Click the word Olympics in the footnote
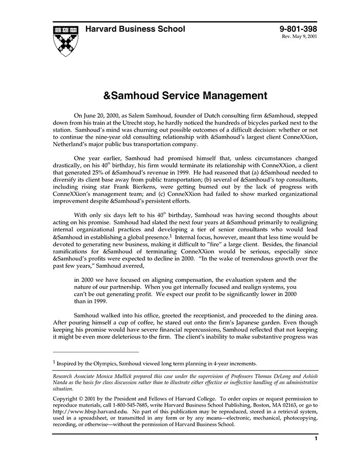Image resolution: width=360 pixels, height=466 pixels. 102,363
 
